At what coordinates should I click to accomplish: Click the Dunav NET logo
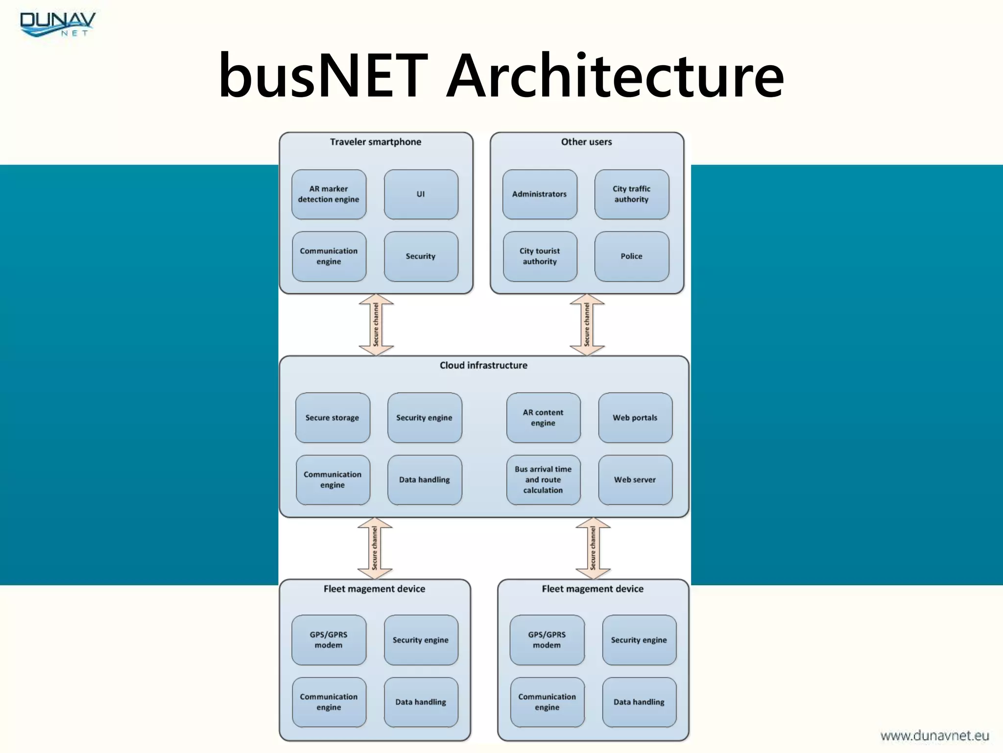pyautogui.click(x=57, y=25)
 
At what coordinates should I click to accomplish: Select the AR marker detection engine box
pyautogui.click(x=329, y=194)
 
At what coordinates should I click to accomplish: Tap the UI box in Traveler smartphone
pyautogui.click(x=421, y=194)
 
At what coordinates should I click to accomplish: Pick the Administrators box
pyautogui.click(x=539, y=194)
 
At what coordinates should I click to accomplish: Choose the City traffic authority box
pyautogui.click(x=631, y=194)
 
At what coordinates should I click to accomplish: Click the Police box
pyautogui.click(x=631, y=256)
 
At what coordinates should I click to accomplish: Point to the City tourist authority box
pyautogui.click(x=539, y=256)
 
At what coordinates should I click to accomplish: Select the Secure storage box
pyautogui.click(x=333, y=418)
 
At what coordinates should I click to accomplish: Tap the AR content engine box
pyautogui.click(x=543, y=418)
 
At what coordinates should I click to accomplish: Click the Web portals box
pyautogui.click(x=635, y=418)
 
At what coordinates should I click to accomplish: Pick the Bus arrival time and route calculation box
pyautogui.click(x=543, y=479)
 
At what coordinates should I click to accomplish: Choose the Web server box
pyautogui.click(x=635, y=479)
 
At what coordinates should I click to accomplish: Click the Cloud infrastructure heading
pyautogui.click(x=483, y=365)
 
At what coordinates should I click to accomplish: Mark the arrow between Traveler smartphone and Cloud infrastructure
pyautogui.click(x=376, y=325)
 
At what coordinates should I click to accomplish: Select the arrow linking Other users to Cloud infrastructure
pyautogui.click(x=587, y=325)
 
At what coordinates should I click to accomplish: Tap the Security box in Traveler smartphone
pyautogui.click(x=421, y=256)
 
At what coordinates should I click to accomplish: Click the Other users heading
pyautogui.click(x=586, y=142)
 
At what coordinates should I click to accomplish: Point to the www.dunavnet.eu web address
pyautogui.click(x=934, y=735)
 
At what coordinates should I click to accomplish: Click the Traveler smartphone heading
pyautogui.click(x=376, y=142)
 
